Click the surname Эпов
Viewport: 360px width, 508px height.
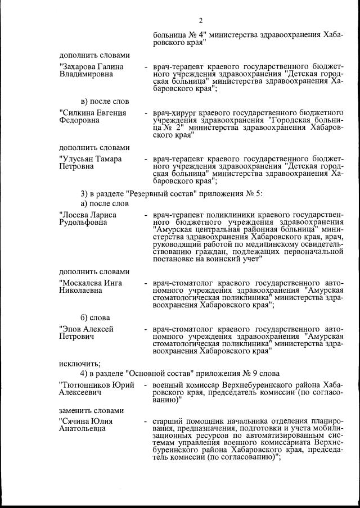(x=70, y=329)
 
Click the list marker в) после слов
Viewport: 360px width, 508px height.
(x=105, y=102)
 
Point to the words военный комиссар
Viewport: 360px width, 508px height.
(x=181, y=384)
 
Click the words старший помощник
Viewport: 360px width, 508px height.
(x=185, y=421)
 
